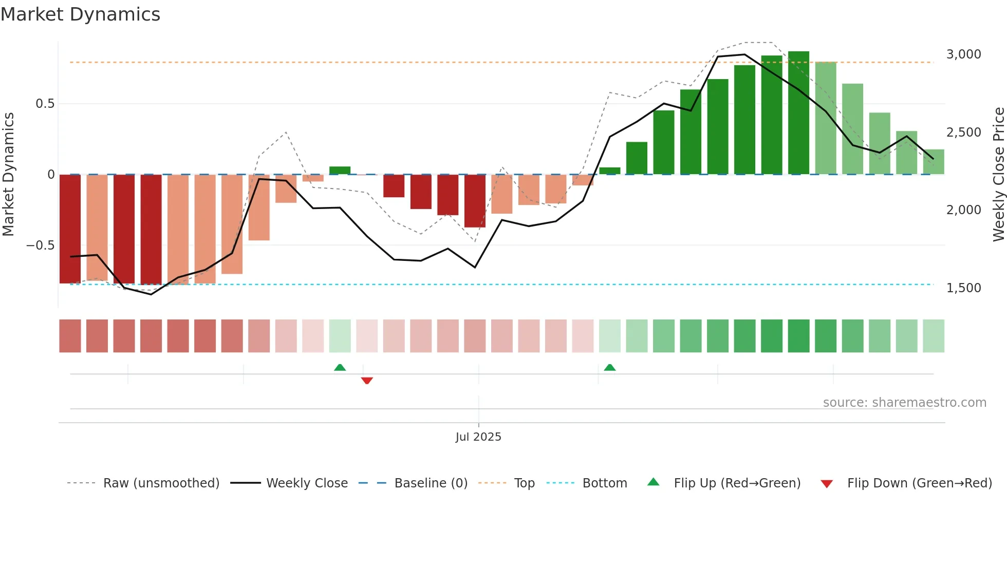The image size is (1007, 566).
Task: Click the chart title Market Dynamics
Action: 80,14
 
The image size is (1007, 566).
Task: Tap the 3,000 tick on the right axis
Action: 963,54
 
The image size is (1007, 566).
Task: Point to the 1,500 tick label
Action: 963,288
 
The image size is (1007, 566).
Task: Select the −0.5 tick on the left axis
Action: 40,246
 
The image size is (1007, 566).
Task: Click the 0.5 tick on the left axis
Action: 45,104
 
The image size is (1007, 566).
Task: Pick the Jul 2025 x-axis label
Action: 478,437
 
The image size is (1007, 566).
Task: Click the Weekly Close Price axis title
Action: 998,175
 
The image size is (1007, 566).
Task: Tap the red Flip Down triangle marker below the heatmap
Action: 367,381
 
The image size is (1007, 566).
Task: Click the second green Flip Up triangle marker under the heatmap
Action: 610,367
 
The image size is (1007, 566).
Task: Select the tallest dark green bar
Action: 798,113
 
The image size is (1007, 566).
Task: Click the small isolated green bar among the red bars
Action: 340,170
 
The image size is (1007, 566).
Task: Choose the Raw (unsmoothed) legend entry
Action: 143,483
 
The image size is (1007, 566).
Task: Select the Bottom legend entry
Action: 587,483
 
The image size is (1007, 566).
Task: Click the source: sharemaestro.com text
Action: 904,403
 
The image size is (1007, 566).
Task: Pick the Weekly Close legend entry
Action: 289,483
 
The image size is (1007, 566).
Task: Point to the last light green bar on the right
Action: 934,162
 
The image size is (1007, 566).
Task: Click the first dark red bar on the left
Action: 70,229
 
